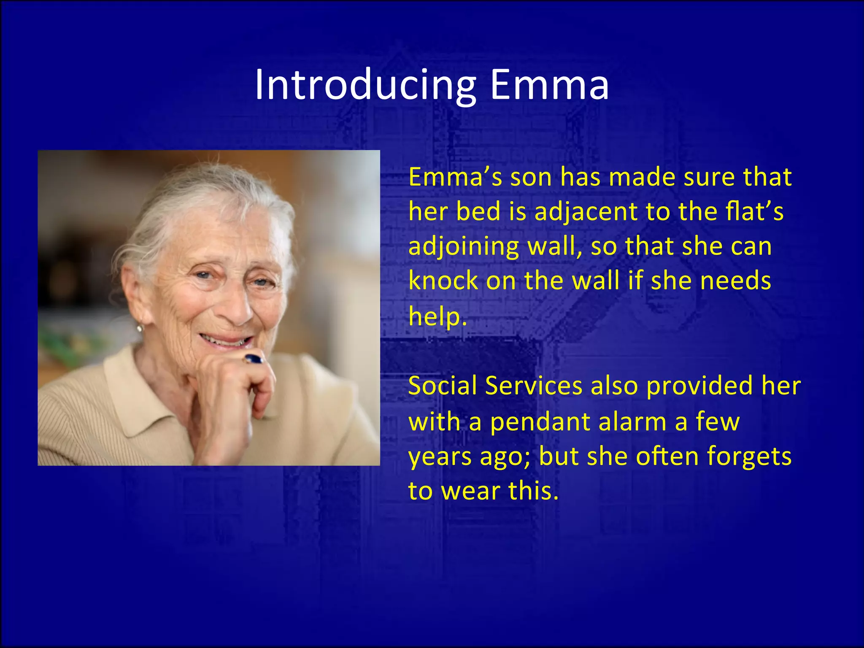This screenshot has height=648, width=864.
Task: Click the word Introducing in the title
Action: (x=365, y=86)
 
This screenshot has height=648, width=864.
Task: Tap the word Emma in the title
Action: (x=549, y=86)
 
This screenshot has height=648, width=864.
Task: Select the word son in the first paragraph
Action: (x=531, y=177)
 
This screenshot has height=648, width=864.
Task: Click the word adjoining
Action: (x=464, y=247)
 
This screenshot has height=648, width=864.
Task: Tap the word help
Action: (x=437, y=316)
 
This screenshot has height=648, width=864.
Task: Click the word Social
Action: (x=443, y=386)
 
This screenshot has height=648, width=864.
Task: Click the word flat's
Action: (x=754, y=212)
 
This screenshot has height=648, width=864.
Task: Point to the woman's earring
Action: (x=140, y=327)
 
